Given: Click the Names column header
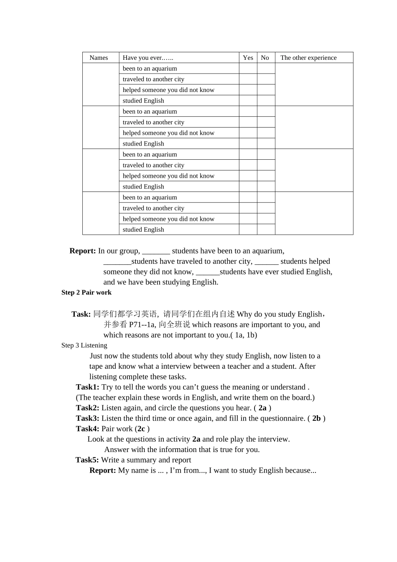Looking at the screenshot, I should tap(99, 58).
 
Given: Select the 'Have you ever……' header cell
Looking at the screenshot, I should tap(148, 58).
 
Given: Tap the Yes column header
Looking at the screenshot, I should tap(248, 58).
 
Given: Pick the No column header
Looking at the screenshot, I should tap(265, 58).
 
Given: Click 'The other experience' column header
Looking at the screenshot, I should tap(308, 58).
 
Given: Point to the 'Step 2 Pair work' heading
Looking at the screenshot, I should tap(87, 292).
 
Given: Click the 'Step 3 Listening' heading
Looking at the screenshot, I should tap(84, 345).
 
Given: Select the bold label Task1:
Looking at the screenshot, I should tap(87, 387).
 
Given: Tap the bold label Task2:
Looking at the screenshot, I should tap(87, 408).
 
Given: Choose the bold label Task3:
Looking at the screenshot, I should tap(87, 419).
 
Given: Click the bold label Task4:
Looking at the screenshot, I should tap(87, 429).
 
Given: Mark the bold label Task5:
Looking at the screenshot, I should tap(87, 460).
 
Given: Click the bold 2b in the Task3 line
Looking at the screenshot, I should tap(316, 419).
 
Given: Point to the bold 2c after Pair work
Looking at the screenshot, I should tap(141, 429).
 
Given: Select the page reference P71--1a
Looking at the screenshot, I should tap(142, 325).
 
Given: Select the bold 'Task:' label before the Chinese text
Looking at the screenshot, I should tap(81, 314).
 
